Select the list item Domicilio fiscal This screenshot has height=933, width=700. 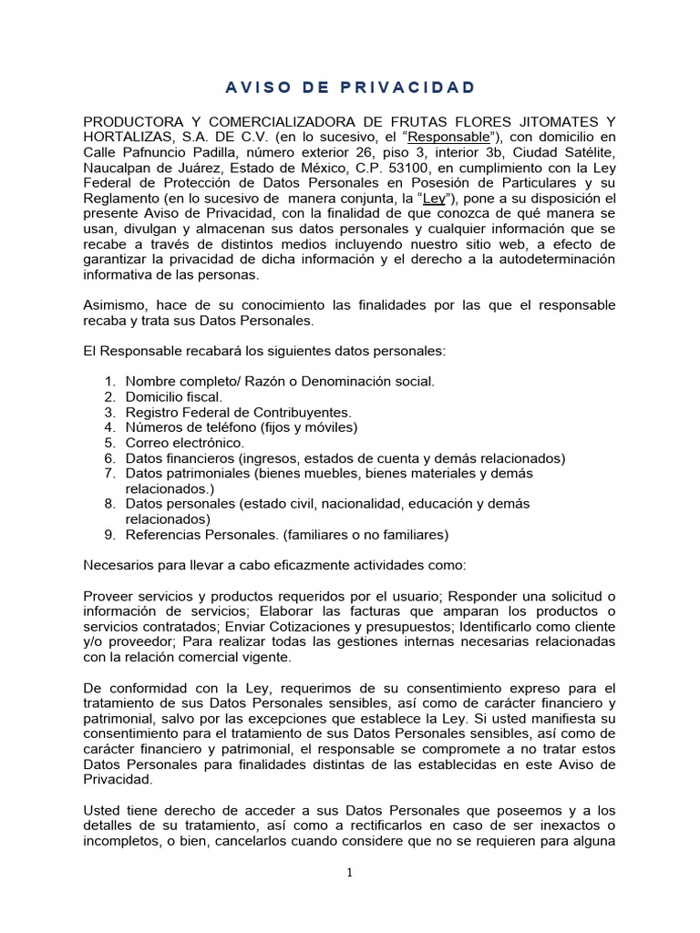173,396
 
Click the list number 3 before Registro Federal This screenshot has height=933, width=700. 108,412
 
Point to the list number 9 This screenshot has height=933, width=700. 108,534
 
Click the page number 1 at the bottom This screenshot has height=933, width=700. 349,873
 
